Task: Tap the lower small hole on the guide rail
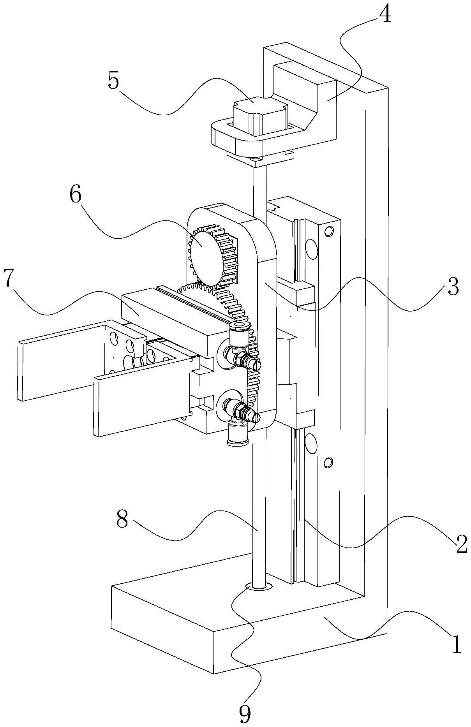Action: point(328,463)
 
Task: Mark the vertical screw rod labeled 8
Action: point(259,506)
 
